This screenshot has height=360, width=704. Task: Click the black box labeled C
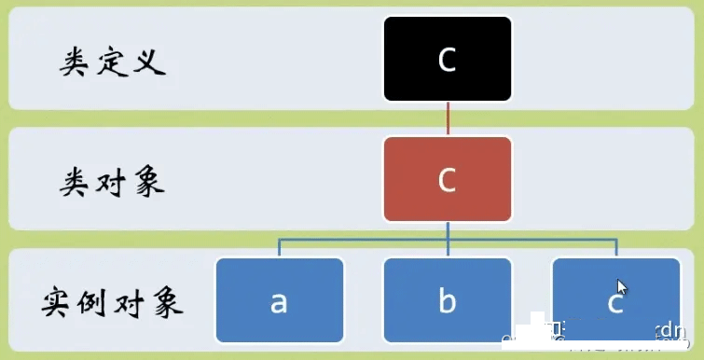point(448,59)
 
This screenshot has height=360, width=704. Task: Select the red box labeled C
point(448,179)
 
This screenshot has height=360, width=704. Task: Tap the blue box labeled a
point(280,299)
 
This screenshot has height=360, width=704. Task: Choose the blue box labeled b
point(448,299)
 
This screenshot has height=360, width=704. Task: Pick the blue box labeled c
point(615,299)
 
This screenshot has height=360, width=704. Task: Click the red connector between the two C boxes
point(448,118)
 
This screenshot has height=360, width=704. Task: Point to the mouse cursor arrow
point(621,287)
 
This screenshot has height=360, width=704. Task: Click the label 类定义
point(114,62)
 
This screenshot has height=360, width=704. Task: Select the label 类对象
point(113,182)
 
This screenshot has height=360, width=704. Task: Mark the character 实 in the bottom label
point(59,303)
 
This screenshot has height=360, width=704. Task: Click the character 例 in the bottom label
point(94,303)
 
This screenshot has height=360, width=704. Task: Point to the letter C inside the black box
point(448,60)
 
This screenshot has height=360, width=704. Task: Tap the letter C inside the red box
point(448,180)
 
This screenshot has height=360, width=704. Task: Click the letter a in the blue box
point(279,301)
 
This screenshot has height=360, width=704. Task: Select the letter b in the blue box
point(448,300)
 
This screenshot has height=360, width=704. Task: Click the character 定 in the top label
point(114,62)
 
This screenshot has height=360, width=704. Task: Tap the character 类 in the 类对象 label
point(77,182)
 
